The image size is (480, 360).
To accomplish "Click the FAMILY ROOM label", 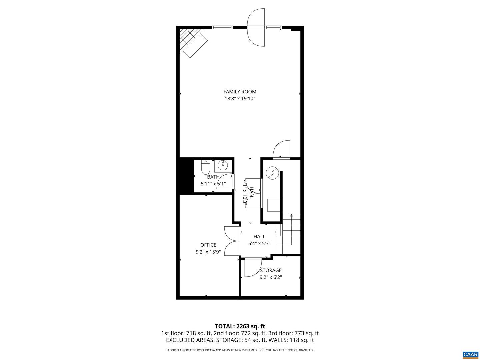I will point(240,92).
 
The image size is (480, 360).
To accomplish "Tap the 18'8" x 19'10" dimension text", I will point(240,99).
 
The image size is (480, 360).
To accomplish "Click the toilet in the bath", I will point(205,167).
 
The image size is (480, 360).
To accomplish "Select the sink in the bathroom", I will point(223,165).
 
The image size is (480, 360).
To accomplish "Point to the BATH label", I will point(213,177).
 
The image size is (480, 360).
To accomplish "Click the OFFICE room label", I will point(208,245).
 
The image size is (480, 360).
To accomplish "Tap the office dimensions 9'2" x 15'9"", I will point(208,252).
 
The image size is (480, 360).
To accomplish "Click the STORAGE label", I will point(271,270).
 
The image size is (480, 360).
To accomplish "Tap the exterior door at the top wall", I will point(256,28).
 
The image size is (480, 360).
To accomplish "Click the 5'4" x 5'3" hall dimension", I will point(259,244).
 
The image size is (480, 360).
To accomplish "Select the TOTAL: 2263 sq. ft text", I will point(240,326).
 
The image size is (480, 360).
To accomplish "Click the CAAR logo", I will point(470,354).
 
